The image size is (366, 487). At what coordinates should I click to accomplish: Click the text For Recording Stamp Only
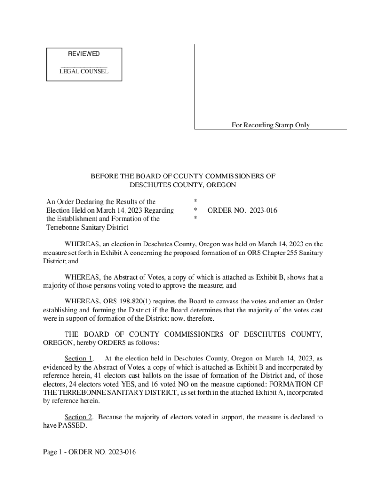coord(270,125)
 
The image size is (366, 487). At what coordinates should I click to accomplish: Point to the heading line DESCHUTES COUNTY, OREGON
coord(183,185)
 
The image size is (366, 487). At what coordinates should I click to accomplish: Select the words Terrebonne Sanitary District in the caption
coord(87,227)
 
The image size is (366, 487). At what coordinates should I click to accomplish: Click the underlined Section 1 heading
coord(79,358)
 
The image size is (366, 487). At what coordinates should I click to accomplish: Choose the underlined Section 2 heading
coord(79,417)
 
